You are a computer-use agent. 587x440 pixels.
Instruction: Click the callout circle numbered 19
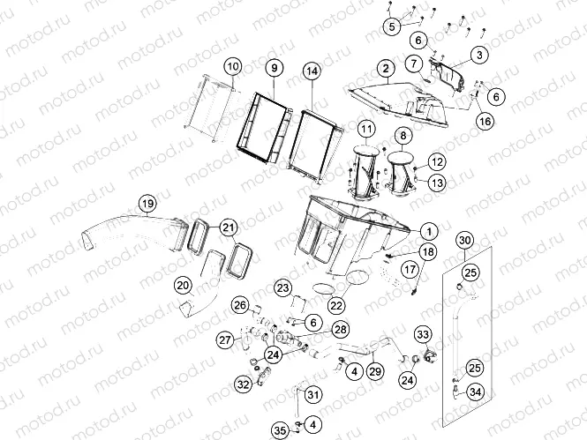(x=148, y=204)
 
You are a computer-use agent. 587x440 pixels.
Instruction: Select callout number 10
(x=233, y=67)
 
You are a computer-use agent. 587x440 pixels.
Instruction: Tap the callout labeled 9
(x=275, y=68)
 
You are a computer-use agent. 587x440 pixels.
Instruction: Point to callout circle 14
(x=312, y=71)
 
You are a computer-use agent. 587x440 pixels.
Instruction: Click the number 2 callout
(x=386, y=69)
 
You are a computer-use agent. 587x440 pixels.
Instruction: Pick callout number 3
(x=479, y=55)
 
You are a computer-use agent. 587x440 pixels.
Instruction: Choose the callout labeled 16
(x=485, y=121)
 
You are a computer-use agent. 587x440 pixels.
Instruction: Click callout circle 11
(x=367, y=130)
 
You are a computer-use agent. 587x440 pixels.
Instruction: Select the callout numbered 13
(x=437, y=183)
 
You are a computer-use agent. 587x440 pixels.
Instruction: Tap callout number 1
(x=429, y=231)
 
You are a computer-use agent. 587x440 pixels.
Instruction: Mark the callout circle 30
(x=464, y=241)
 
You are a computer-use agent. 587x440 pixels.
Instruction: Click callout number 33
(x=423, y=334)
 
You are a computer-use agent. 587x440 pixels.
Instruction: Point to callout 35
(x=280, y=430)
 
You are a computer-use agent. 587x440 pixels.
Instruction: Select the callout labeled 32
(x=244, y=384)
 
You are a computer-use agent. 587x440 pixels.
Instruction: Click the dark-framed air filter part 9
(x=264, y=127)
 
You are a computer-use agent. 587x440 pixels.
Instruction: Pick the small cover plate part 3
(x=448, y=75)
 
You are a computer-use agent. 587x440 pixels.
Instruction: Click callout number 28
(x=341, y=330)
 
